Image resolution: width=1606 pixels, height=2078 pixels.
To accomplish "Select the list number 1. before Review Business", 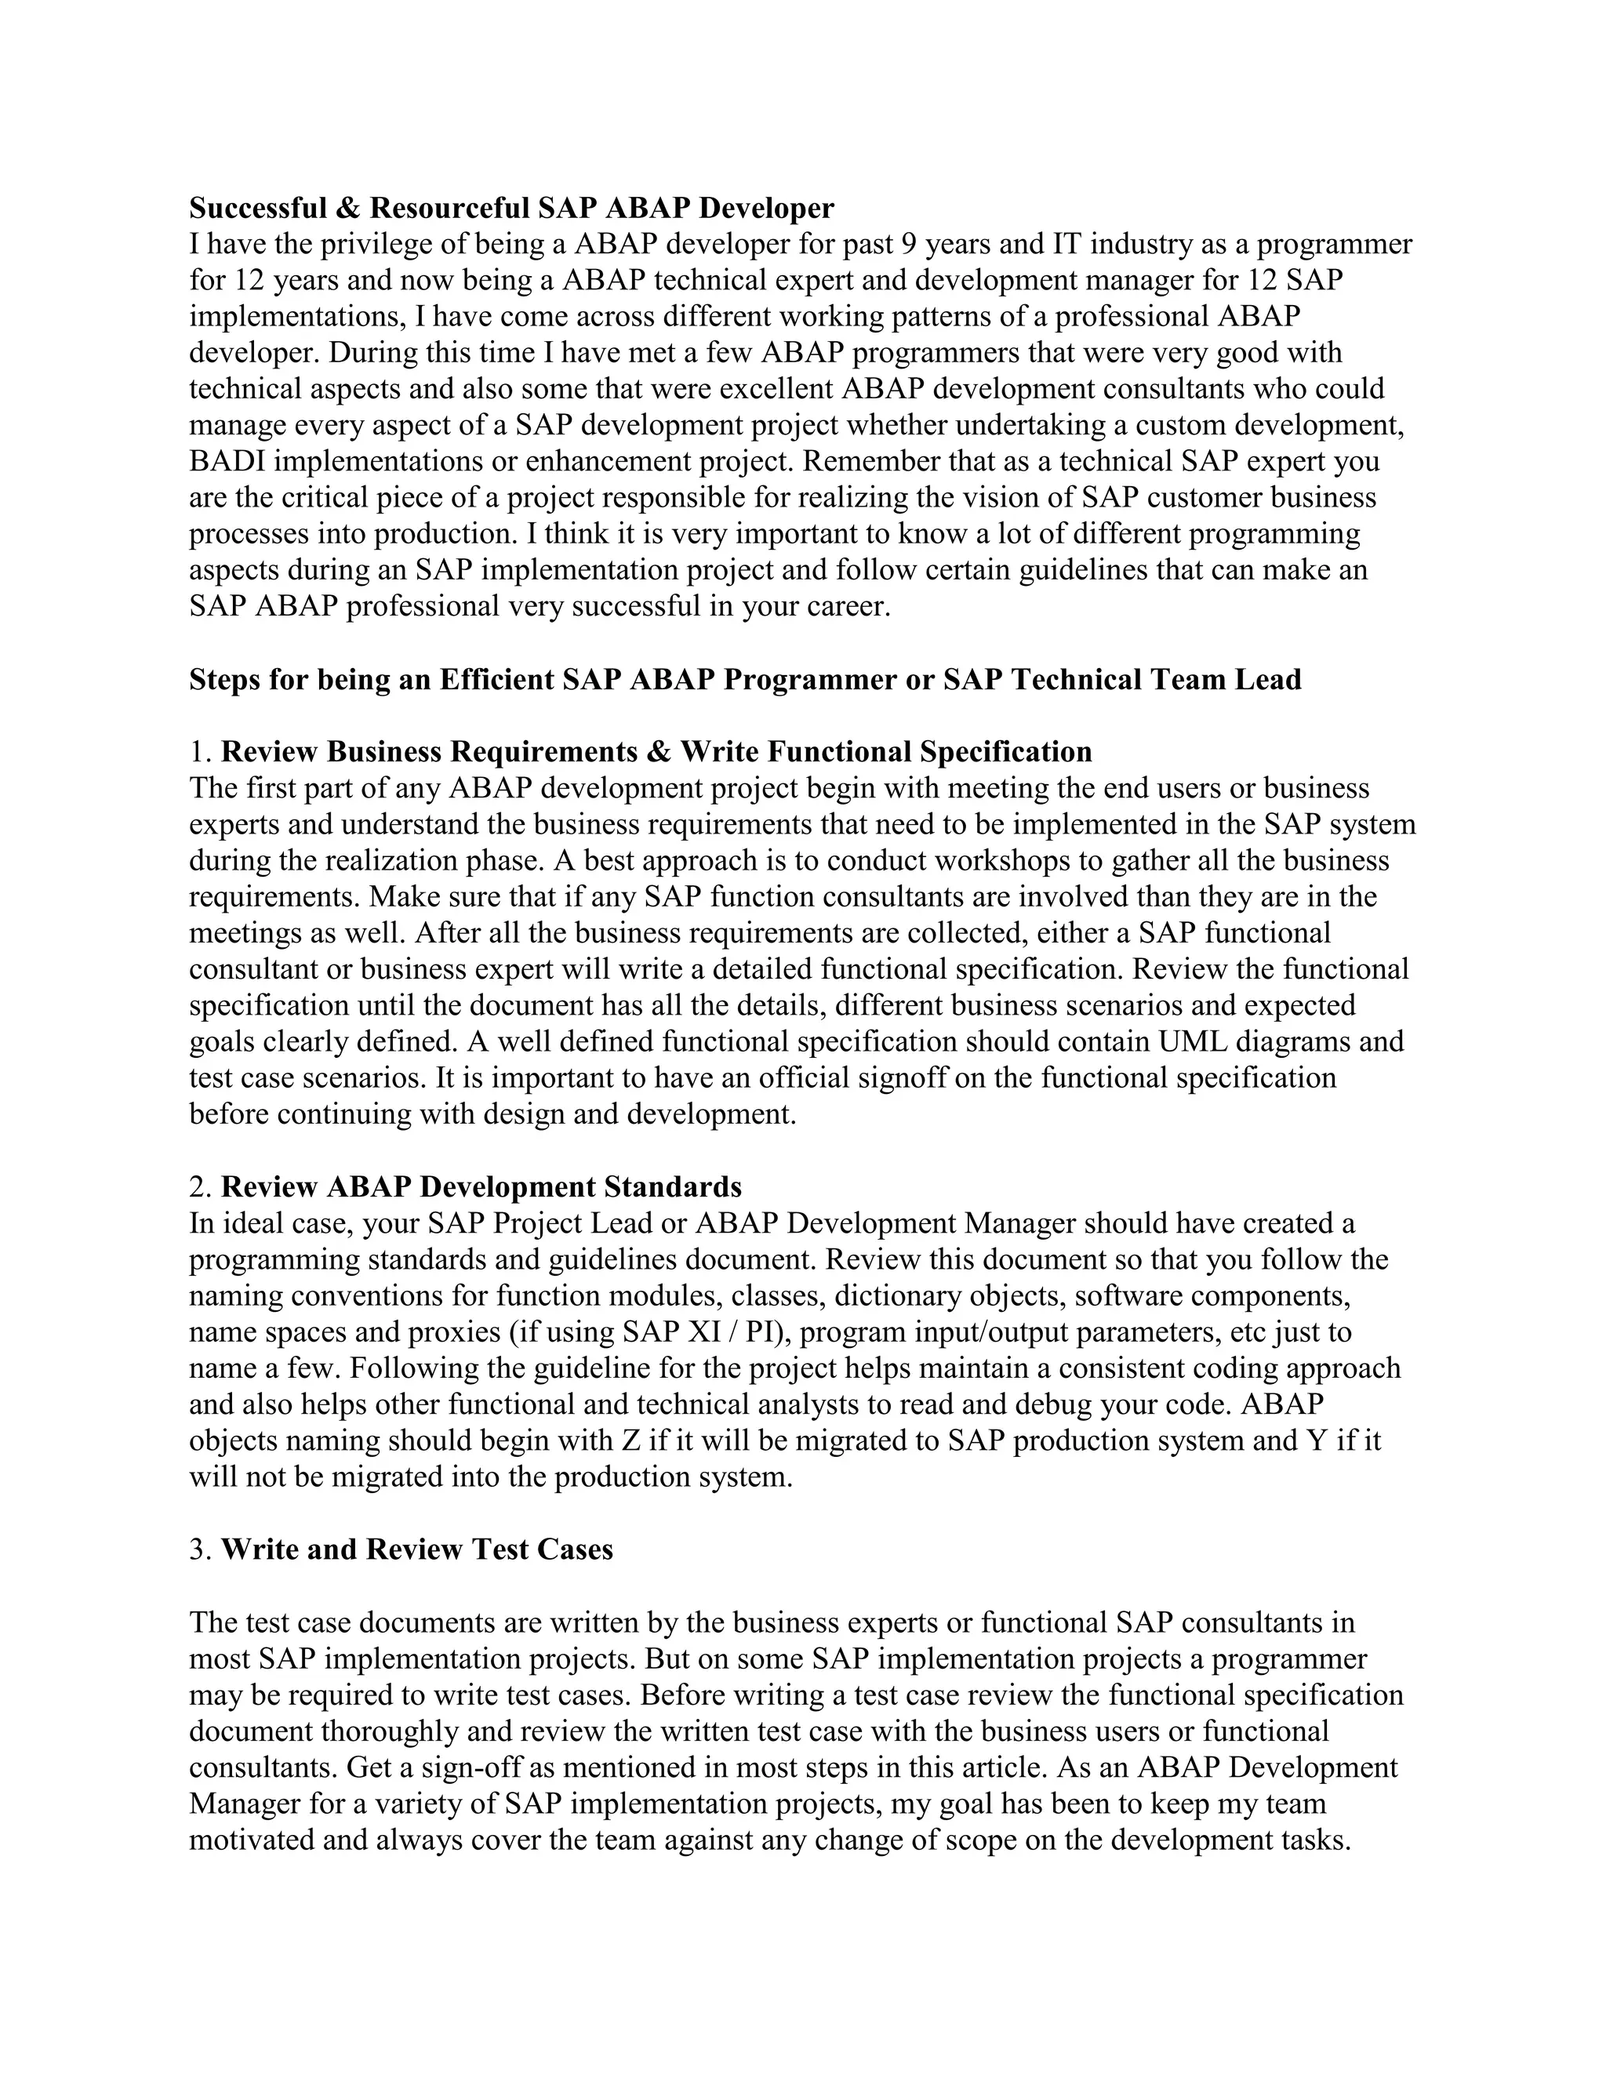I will point(201,752).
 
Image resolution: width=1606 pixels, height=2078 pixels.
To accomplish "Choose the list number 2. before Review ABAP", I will point(201,1187).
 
